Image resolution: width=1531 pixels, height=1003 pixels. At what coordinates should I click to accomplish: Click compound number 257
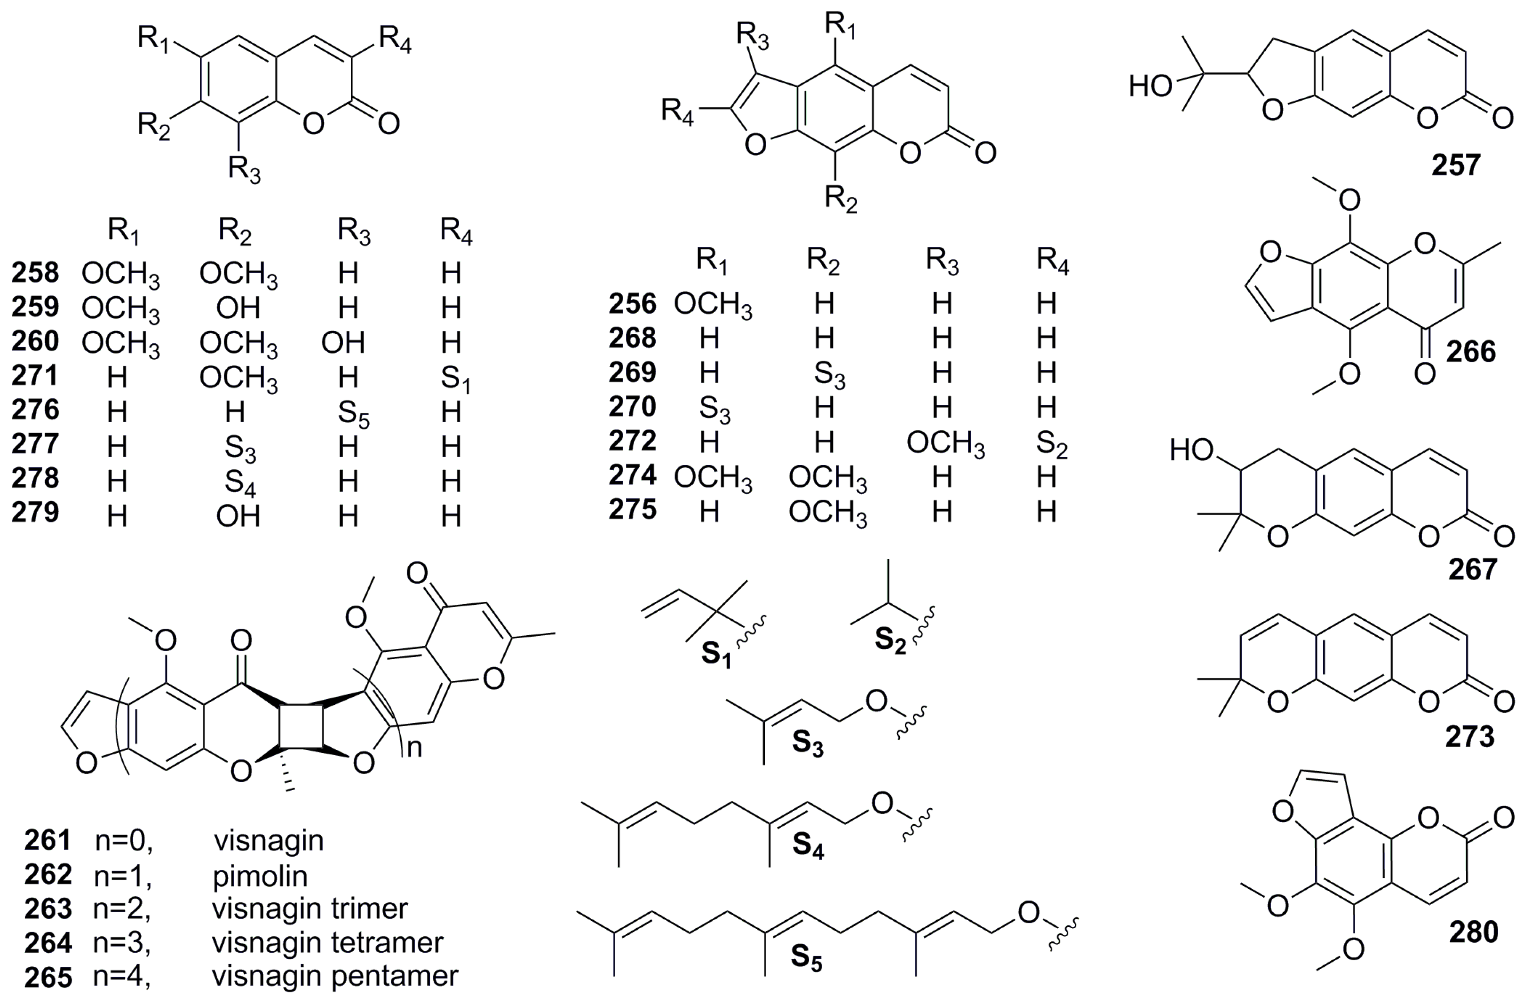pos(1456,165)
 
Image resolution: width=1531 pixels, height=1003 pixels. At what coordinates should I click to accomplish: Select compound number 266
pos(1471,352)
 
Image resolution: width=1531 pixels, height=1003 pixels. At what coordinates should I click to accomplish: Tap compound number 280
pos(1474,932)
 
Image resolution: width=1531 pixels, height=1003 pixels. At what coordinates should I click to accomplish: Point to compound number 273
pos(1470,737)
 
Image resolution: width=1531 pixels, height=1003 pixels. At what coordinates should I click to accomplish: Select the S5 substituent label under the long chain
pos(807,957)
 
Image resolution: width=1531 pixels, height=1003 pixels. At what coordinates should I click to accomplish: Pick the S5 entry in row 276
pos(353,413)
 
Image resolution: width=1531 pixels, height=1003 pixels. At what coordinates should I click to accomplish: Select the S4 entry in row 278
pos(240,482)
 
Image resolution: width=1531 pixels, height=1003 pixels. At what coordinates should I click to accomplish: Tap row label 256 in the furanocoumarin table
pos(632,303)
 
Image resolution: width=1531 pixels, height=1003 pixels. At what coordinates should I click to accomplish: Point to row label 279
pos(35,513)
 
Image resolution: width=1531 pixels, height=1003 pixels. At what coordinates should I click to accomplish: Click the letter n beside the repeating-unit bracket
pos(415,747)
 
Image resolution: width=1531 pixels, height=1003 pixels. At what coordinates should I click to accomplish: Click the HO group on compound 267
pos(1191,450)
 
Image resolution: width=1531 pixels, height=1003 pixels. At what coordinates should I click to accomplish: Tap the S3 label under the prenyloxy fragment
pos(807,743)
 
